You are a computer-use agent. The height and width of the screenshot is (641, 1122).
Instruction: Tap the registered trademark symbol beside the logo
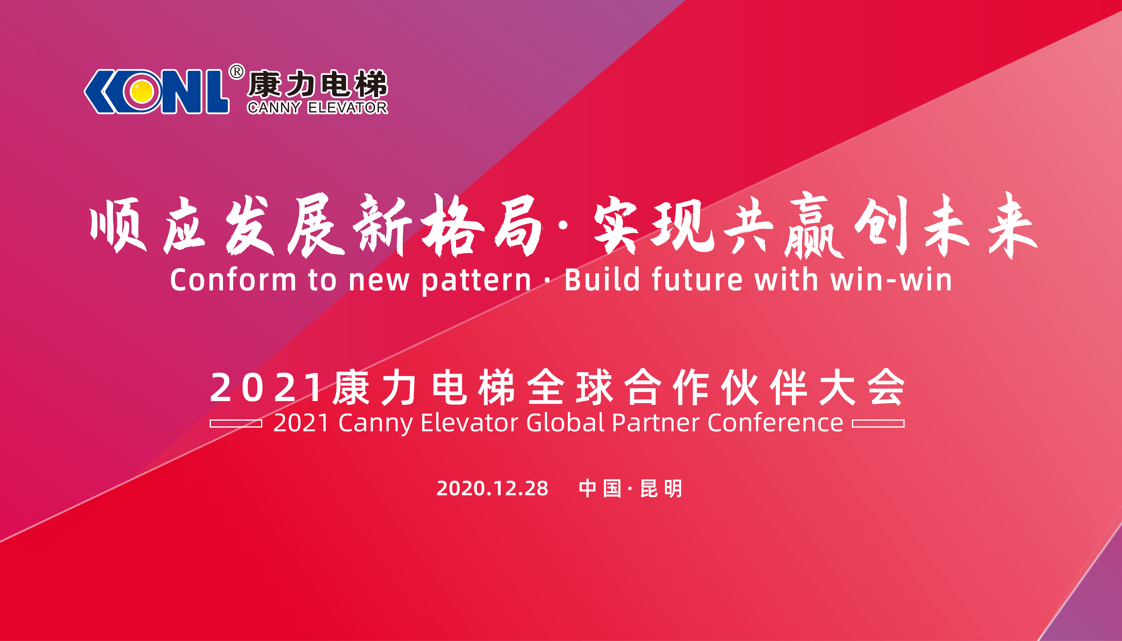click(x=237, y=72)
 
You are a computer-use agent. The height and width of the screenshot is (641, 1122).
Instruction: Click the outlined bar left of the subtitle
click(x=236, y=423)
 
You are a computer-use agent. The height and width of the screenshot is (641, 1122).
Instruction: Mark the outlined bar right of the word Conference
click(x=878, y=423)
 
